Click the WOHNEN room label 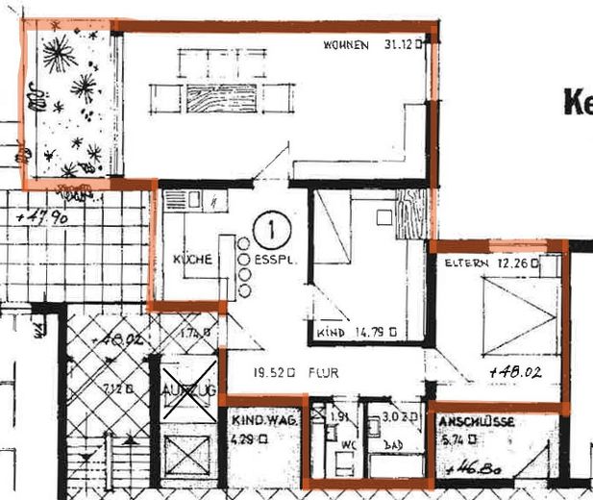click(x=346, y=44)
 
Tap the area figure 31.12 click(x=401, y=44)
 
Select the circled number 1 click(x=272, y=231)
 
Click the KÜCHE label click(x=191, y=260)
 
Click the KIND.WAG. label click(x=261, y=421)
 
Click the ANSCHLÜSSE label click(x=478, y=422)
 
